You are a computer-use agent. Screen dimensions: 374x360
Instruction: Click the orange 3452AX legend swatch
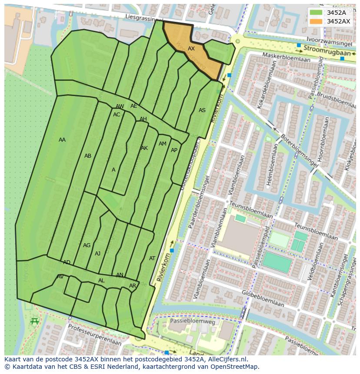[x=317, y=21]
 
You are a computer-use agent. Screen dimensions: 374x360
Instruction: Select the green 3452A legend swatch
[x=317, y=13]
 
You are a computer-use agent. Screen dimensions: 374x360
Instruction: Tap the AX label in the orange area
[x=191, y=49]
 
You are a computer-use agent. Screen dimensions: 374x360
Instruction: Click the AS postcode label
[x=202, y=110]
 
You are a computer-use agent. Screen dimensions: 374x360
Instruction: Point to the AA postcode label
[x=62, y=140]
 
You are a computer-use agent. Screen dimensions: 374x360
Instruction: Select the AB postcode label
[x=88, y=156]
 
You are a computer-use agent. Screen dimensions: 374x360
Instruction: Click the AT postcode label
[x=152, y=258]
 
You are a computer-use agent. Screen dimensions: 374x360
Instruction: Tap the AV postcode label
[x=60, y=277]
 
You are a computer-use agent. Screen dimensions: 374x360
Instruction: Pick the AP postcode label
[x=174, y=150]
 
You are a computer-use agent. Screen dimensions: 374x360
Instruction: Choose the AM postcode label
[x=162, y=144]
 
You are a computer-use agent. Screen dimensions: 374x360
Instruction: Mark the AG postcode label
[x=87, y=245]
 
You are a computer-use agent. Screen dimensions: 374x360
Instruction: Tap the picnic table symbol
[x=35, y=321]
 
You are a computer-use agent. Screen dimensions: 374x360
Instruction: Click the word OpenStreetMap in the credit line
[x=235, y=367]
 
